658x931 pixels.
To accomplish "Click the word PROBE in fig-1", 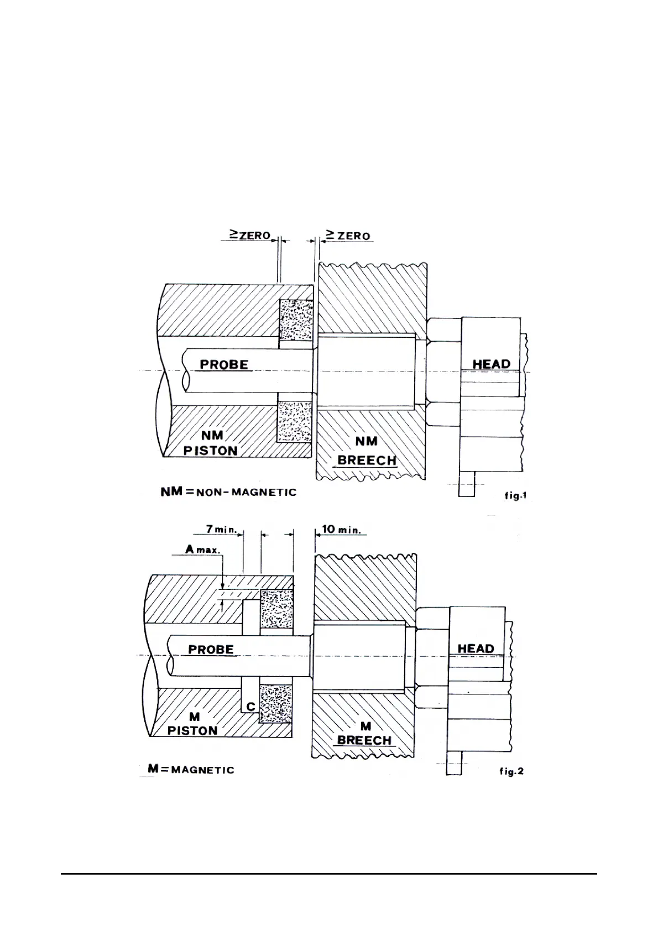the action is (224, 365).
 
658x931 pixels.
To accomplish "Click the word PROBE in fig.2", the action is (211, 650).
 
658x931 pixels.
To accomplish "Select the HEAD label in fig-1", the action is (491, 364).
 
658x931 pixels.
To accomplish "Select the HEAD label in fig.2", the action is (476, 648).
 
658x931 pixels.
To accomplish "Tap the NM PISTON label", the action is (211, 443).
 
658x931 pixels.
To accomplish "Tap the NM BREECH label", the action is (367, 451).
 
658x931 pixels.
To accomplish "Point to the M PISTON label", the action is (193, 724).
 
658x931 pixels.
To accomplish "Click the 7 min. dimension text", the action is (221, 529).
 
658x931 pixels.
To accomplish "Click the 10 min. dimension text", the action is (341, 529).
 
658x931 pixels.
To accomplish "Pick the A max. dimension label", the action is (202, 550).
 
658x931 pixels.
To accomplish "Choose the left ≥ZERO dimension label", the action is (250, 236).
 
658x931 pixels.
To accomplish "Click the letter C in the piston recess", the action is (250, 707).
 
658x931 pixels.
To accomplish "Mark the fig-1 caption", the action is (514, 496).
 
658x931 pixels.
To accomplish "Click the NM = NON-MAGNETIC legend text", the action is (228, 492).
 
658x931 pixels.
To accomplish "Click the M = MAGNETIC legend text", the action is (191, 770).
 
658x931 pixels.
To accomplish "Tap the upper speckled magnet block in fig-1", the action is (295, 319).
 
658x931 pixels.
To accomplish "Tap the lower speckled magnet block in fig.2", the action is (276, 703).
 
